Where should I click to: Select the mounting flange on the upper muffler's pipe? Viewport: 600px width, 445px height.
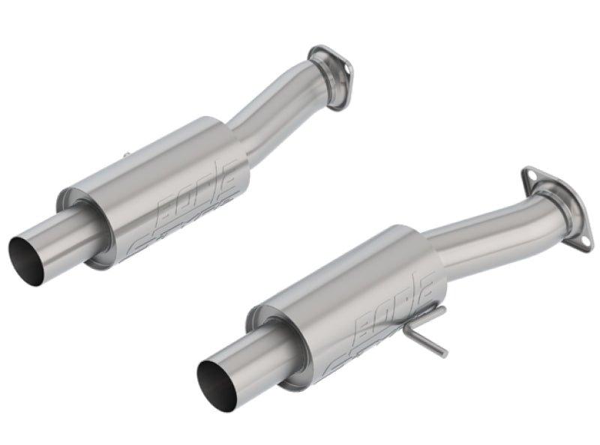(x=331, y=75)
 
